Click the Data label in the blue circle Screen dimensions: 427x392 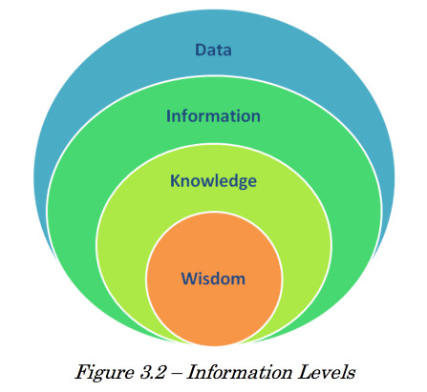click(213, 50)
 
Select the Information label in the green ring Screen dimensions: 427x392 click(213, 115)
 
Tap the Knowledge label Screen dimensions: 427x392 click(213, 181)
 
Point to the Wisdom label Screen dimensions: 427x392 click(213, 279)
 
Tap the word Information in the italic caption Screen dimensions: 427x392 click(240, 372)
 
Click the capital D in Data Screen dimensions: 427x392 click(201, 50)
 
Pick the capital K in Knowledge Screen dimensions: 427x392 click(176, 180)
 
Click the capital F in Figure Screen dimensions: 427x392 click(84, 372)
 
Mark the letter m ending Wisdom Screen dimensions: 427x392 click(238, 280)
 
